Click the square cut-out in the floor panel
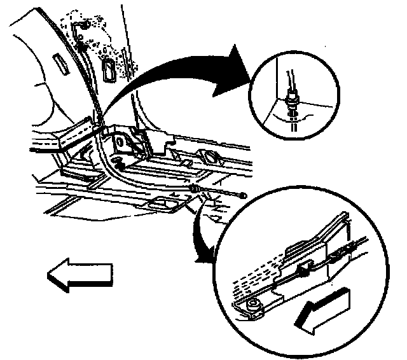162,203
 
